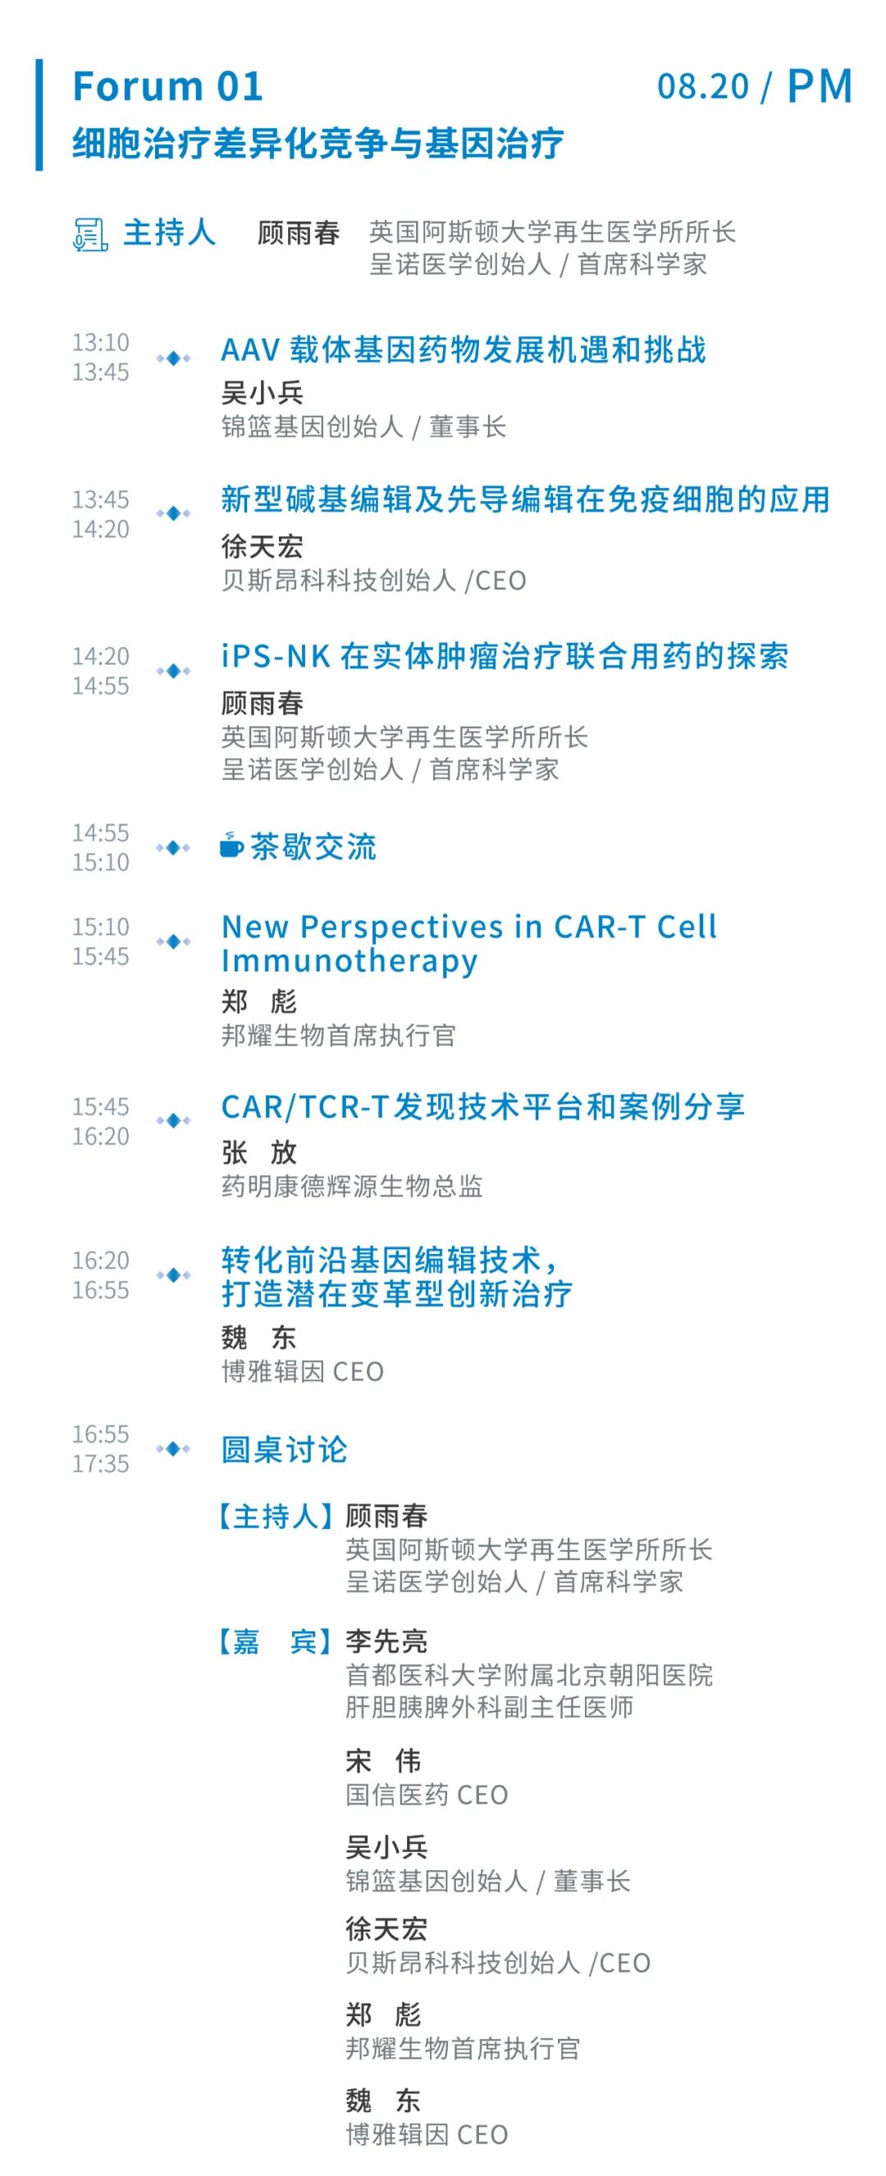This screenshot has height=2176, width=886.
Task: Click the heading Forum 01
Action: click(167, 86)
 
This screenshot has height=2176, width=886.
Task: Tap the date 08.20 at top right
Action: click(703, 86)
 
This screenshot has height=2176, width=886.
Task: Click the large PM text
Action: click(819, 86)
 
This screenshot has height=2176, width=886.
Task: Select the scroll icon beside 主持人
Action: click(89, 234)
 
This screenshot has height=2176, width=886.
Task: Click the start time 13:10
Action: click(101, 342)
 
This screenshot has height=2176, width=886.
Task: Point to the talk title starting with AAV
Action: click(463, 349)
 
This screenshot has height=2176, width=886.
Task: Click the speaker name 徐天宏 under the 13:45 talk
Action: click(262, 545)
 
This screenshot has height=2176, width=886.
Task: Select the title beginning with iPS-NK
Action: click(505, 656)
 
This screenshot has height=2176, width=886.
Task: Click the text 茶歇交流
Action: click(313, 846)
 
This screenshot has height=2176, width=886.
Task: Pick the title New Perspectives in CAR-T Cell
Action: click(468, 927)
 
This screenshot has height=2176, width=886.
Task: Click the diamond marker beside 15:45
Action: click(173, 1120)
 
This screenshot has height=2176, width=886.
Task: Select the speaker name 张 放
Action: click(258, 1152)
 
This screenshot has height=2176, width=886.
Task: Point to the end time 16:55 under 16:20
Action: click(101, 1290)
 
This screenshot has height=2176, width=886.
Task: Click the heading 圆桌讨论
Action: click(284, 1449)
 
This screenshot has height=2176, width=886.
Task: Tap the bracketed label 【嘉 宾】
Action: click(275, 1641)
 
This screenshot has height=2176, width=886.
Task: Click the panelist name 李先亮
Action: click(386, 1641)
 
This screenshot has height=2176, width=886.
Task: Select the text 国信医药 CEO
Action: click(427, 1794)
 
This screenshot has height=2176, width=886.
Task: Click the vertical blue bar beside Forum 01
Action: click(39, 115)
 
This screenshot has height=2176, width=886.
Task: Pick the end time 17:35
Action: click(101, 1463)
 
